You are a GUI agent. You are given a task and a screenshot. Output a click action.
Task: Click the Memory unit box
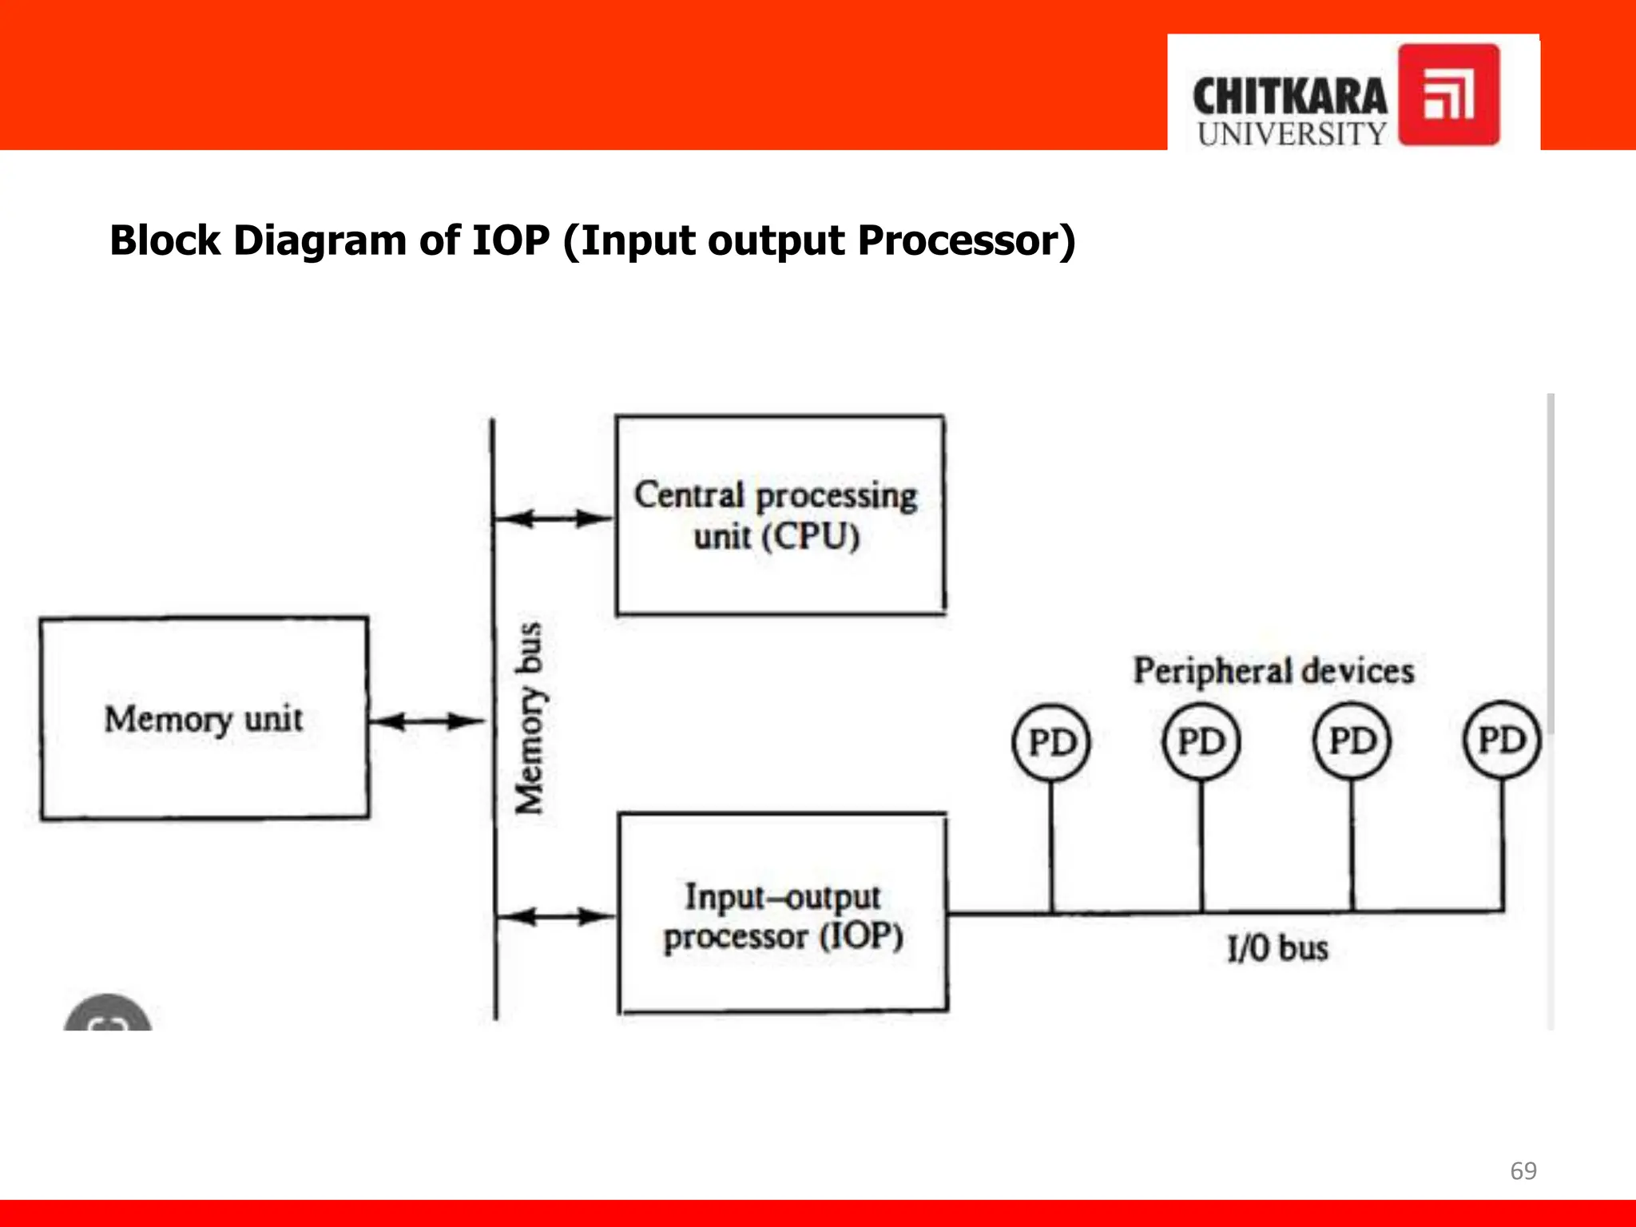tap(204, 718)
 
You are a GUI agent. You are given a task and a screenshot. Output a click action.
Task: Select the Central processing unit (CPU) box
tap(780, 515)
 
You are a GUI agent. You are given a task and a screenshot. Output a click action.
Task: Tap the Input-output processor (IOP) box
tap(783, 913)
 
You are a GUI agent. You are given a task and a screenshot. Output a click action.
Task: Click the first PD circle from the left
tap(1051, 742)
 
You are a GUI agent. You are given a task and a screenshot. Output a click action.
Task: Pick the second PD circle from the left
tap(1201, 741)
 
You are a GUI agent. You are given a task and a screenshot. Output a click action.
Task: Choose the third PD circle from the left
tap(1352, 741)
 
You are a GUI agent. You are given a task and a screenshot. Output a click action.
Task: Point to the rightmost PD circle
tap(1502, 739)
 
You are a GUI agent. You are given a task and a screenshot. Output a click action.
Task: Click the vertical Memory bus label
tap(529, 717)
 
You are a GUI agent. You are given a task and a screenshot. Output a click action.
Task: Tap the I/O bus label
tap(1277, 948)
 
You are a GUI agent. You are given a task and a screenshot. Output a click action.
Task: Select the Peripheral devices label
tap(1273, 671)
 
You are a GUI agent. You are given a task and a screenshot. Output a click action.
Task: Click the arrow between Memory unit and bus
tap(428, 722)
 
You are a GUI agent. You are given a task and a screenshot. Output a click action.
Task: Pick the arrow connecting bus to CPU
tap(554, 518)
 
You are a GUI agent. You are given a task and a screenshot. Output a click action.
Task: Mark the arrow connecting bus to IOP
tap(555, 916)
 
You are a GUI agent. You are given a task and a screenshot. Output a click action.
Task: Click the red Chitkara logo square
tap(1448, 94)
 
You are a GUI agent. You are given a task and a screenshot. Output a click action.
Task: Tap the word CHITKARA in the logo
tap(1289, 97)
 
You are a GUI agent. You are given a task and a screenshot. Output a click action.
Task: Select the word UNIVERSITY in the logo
tap(1292, 134)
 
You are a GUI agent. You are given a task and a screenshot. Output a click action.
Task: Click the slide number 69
tap(1523, 1171)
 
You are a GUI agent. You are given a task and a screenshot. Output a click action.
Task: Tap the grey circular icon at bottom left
tap(108, 1015)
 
